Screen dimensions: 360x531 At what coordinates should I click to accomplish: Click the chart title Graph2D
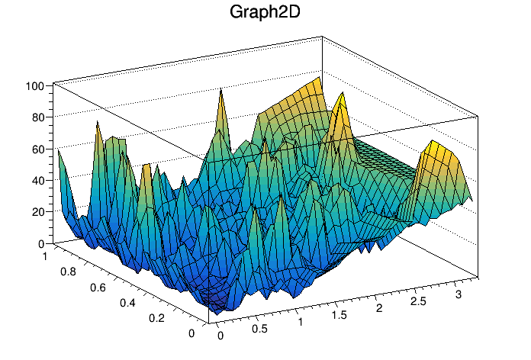click(x=265, y=13)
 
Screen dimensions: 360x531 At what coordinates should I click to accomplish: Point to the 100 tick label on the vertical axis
click(x=35, y=86)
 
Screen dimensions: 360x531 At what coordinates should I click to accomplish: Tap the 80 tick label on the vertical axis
click(x=37, y=117)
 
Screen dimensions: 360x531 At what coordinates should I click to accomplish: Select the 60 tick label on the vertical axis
click(x=37, y=149)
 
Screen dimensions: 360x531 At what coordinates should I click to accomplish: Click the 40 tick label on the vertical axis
click(x=37, y=181)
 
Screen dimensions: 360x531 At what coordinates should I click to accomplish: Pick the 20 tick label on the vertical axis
click(x=37, y=212)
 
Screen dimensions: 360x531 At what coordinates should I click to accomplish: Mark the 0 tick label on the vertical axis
click(x=40, y=243)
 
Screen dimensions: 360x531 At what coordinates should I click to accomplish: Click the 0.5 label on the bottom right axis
click(x=259, y=330)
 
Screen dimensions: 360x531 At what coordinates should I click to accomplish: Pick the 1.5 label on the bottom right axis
click(x=338, y=314)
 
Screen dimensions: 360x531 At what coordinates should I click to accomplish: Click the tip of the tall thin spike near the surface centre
click(x=221, y=89)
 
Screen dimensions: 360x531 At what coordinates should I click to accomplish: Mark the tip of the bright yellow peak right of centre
click(x=341, y=95)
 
